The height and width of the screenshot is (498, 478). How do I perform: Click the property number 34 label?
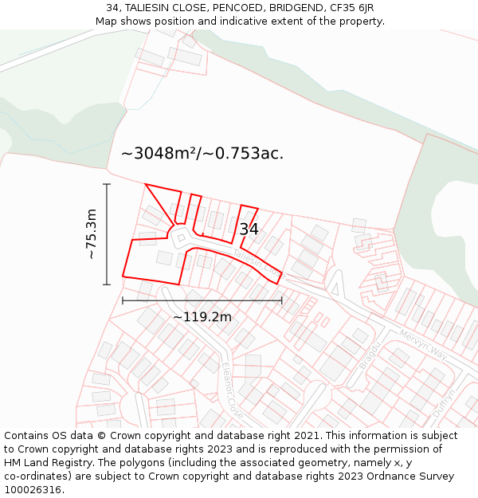click(x=249, y=229)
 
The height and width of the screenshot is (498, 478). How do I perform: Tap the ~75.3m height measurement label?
click(x=92, y=234)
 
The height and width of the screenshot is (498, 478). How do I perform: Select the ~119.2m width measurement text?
click(x=202, y=317)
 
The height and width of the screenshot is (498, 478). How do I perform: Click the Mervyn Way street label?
click(x=423, y=347)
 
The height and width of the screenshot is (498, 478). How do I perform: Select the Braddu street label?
click(x=368, y=355)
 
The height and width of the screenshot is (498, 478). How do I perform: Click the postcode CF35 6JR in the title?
click(x=348, y=8)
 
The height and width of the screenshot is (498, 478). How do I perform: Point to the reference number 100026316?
click(x=33, y=490)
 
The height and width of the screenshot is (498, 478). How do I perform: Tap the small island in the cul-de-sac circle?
click(x=181, y=237)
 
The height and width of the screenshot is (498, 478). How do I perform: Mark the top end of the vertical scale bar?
click(x=107, y=184)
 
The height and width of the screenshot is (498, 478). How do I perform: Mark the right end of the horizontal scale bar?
click(x=282, y=300)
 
